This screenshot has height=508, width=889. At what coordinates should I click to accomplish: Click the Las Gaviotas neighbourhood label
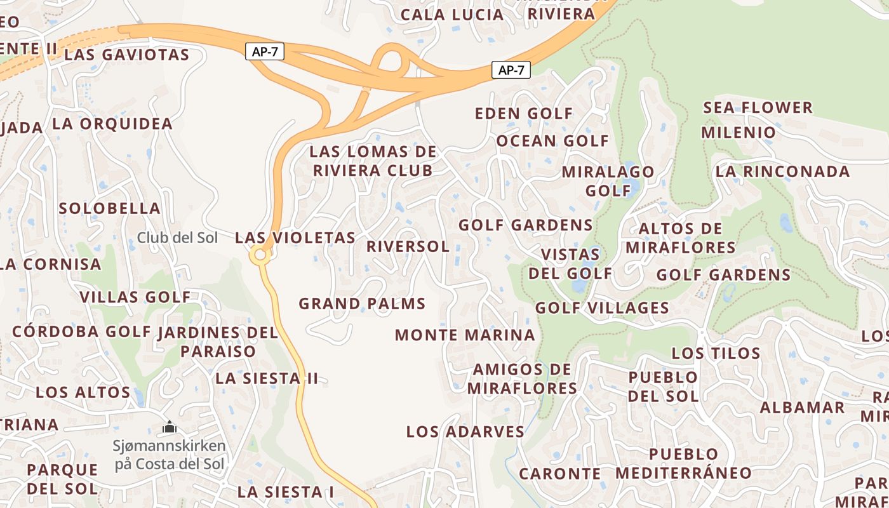[127, 55]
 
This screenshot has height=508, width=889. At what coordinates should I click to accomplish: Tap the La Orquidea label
[112, 124]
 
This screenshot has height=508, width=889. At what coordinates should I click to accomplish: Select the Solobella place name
[109, 208]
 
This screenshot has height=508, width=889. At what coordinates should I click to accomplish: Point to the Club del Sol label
[177, 238]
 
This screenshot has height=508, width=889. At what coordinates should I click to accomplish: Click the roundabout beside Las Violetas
[259, 255]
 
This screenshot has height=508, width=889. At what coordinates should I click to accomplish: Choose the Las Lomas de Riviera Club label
[373, 161]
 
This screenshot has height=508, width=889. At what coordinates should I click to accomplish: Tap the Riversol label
[408, 246]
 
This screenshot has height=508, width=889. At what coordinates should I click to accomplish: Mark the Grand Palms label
[362, 304]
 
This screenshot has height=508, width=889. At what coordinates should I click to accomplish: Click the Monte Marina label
[465, 335]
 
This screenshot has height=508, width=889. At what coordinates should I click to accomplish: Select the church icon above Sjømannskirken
[170, 427]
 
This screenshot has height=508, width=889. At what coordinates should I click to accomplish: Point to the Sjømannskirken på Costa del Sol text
[170, 455]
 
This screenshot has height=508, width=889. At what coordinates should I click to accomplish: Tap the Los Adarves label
[465, 432]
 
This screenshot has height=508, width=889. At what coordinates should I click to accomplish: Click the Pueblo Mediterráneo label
[683, 464]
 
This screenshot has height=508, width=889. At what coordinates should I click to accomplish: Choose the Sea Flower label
[758, 107]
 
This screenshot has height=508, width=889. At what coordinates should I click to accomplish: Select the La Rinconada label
[782, 171]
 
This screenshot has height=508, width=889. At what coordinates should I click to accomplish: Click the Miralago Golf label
[608, 181]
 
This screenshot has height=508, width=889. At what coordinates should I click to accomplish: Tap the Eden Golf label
[524, 114]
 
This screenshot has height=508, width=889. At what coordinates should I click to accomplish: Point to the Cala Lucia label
[452, 15]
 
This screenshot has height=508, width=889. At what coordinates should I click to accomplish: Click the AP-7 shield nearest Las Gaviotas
[265, 52]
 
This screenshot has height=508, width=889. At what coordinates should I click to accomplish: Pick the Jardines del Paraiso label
[218, 342]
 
